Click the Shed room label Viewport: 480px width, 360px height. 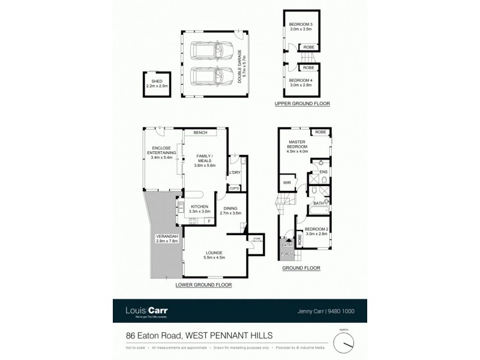coord(157,83)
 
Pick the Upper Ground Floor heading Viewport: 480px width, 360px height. coord(302,103)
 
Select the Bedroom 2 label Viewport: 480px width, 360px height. coord(316,232)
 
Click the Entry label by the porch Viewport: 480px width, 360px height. coord(287,245)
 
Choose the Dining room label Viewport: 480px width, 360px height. coord(230,211)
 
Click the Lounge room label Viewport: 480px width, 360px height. coord(214,255)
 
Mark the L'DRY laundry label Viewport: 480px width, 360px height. coord(234,173)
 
